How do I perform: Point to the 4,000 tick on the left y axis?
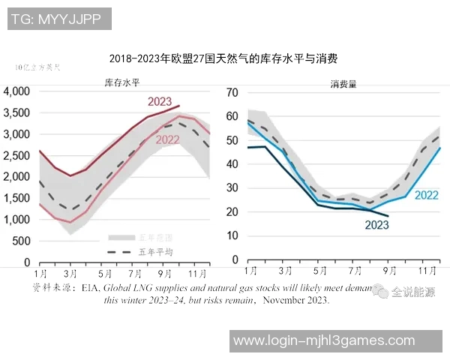click(x=16, y=91)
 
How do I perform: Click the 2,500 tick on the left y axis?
click(x=16, y=156)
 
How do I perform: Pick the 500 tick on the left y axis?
click(x=21, y=241)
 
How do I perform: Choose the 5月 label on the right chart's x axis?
click(x=320, y=271)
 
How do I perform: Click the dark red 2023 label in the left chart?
click(x=159, y=101)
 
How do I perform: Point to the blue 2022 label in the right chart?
click(x=426, y=194)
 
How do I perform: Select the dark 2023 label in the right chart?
click(x=376, y=224)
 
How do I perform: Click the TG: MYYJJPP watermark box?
click(x=58, y=19)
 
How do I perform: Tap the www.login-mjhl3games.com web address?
click(x=324, y=341)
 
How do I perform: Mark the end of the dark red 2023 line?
click(x=179, y=106)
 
